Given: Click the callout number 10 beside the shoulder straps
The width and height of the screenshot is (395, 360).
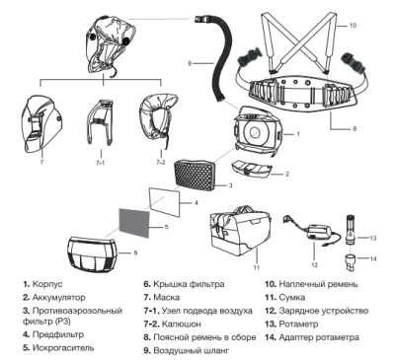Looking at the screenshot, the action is point(353,25).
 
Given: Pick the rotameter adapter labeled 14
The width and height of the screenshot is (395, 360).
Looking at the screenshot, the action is point(352,261).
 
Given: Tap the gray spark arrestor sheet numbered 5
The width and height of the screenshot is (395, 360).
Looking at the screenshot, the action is point(134,222).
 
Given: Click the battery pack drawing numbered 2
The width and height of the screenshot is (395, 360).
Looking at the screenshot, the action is point(252,167).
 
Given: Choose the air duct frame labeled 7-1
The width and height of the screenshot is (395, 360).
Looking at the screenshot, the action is point(100,121).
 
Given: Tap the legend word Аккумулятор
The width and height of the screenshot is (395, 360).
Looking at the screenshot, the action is point(58,298).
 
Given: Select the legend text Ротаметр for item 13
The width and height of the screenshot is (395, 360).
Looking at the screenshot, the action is point(298,324).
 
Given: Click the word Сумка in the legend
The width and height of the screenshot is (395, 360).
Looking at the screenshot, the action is point(292,298).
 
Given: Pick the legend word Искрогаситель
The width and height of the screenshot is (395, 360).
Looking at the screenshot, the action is point(63,348).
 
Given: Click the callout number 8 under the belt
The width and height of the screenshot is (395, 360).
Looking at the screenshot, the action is point(355,128).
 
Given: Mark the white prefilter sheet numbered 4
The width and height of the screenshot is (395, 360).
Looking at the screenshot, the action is point(164,201).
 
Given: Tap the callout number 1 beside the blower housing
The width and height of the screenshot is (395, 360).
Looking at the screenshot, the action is point(298,134).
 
